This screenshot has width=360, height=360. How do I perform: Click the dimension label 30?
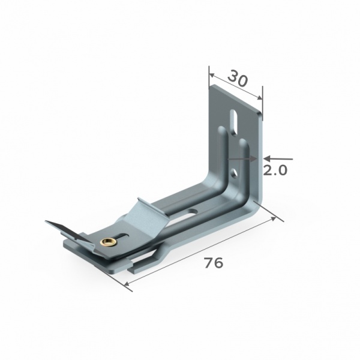click(238, 79)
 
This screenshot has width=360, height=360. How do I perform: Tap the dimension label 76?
click(214, 263)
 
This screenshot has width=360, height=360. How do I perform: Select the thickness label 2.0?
click(275, 170)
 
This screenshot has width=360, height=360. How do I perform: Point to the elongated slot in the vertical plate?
click(234, 122)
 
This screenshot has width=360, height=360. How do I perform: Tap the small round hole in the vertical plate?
click(234, 173)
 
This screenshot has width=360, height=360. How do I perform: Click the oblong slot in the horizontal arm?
click(191, 212)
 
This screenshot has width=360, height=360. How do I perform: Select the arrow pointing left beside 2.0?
click(278, 158)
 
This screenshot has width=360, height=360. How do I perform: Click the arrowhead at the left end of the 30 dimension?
click(211, 75)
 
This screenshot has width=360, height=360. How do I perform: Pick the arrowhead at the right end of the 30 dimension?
click(260, 97)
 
